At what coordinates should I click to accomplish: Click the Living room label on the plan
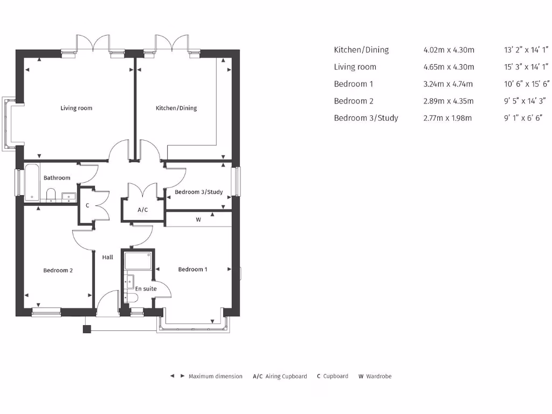76,108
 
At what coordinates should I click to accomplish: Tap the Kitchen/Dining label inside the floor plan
176,108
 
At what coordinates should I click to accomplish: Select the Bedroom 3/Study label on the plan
198,192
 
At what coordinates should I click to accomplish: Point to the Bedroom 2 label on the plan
58,271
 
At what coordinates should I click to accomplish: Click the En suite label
146,289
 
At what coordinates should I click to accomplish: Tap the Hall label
108,258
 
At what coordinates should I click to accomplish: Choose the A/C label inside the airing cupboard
143,210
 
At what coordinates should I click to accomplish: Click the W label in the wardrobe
198,219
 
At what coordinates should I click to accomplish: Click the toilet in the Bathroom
51,194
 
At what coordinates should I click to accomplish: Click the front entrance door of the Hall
107,305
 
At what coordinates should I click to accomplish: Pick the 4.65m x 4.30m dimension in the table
448,67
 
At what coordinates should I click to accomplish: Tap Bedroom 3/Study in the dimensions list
366,118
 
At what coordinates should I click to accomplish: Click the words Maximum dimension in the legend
215,376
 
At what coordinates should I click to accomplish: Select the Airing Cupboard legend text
286,376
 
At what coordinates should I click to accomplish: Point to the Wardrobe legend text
378,376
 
